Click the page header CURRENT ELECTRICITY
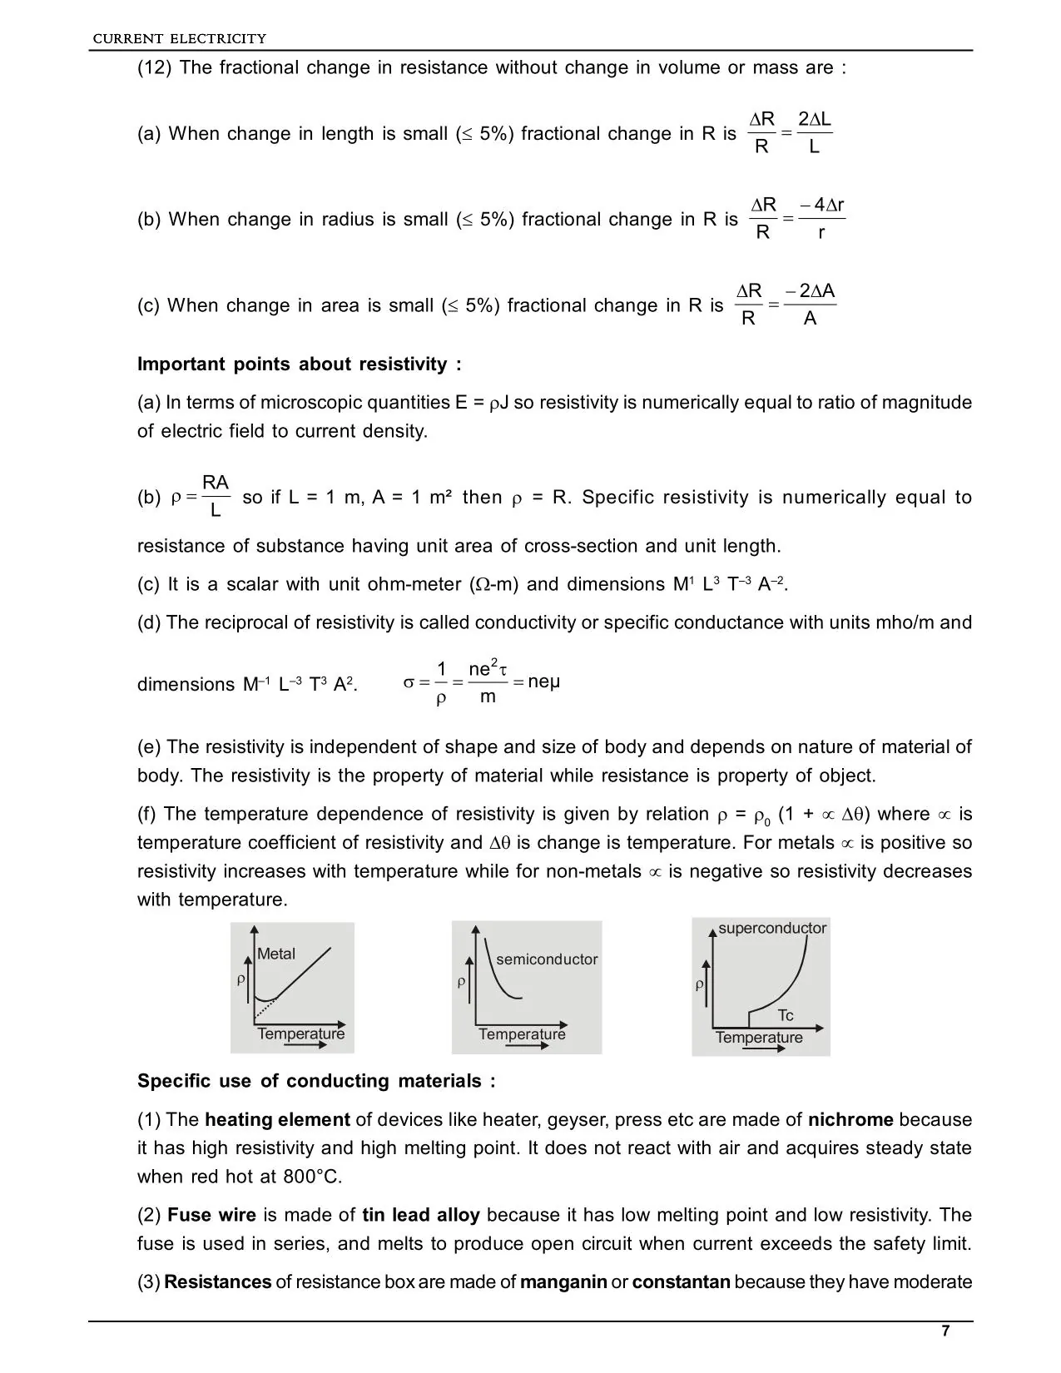[x=179, y=38]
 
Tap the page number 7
[x=945, y=1331]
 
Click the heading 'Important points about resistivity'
[x=299, y=364]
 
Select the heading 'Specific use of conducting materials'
[x=316, y=1081]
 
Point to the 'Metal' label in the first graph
[x=276, y=954]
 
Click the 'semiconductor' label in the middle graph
[x=547, y=959]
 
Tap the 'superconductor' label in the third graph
[x=772, y=928]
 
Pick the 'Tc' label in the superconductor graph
[x=786, y=1015]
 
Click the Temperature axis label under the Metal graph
[x=300, y=1033]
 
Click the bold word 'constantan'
[x=681, y=1281]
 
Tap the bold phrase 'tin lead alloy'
[x=421, y=1215]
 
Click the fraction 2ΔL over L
[x=814, y=133]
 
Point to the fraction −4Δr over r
[x=821, y=219]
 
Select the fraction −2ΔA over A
[x=811, y=305]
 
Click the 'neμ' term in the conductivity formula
[x=544, y=682]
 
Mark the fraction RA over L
[x=216, y=497]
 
